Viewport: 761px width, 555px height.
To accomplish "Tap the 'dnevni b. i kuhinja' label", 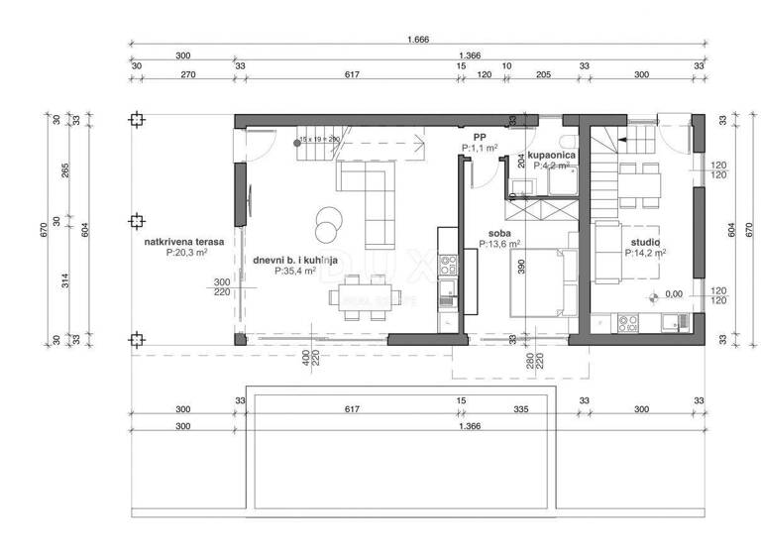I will point(296,260).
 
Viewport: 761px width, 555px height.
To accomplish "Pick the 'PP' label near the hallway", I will point(480,137).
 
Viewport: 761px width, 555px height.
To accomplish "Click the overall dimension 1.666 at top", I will point(417,40).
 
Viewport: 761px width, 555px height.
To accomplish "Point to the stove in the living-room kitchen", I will point(448,265).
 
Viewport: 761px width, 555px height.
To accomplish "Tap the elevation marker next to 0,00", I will point(652,295).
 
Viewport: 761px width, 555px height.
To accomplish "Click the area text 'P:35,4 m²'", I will point(296,271).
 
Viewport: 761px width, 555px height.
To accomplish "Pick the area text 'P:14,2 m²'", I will point(645,253).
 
